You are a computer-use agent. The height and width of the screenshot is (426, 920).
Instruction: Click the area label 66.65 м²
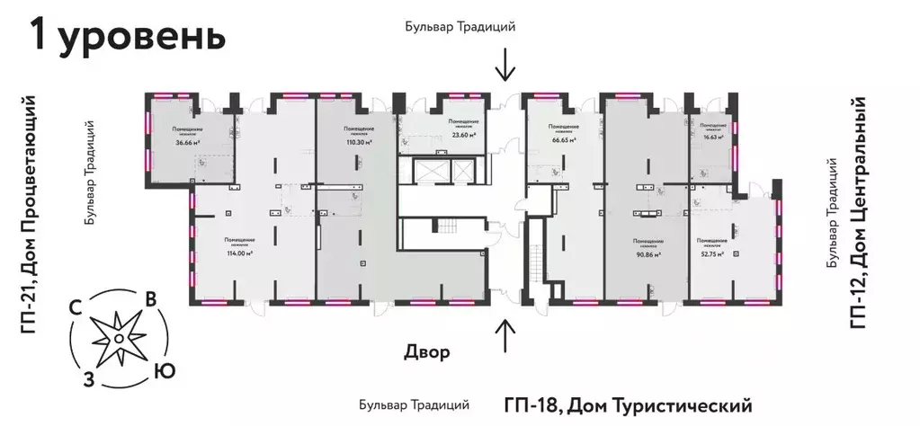564,140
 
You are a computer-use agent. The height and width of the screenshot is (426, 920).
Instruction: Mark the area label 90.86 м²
647,254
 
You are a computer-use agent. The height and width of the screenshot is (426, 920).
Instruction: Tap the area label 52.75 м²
712,254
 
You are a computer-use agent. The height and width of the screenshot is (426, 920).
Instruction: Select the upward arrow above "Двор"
506,336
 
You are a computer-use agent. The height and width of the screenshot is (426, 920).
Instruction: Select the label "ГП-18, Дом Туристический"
627,405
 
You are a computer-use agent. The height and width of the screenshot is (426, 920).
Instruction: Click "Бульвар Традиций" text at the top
460,27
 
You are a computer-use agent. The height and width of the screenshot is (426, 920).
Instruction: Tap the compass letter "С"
78,307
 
